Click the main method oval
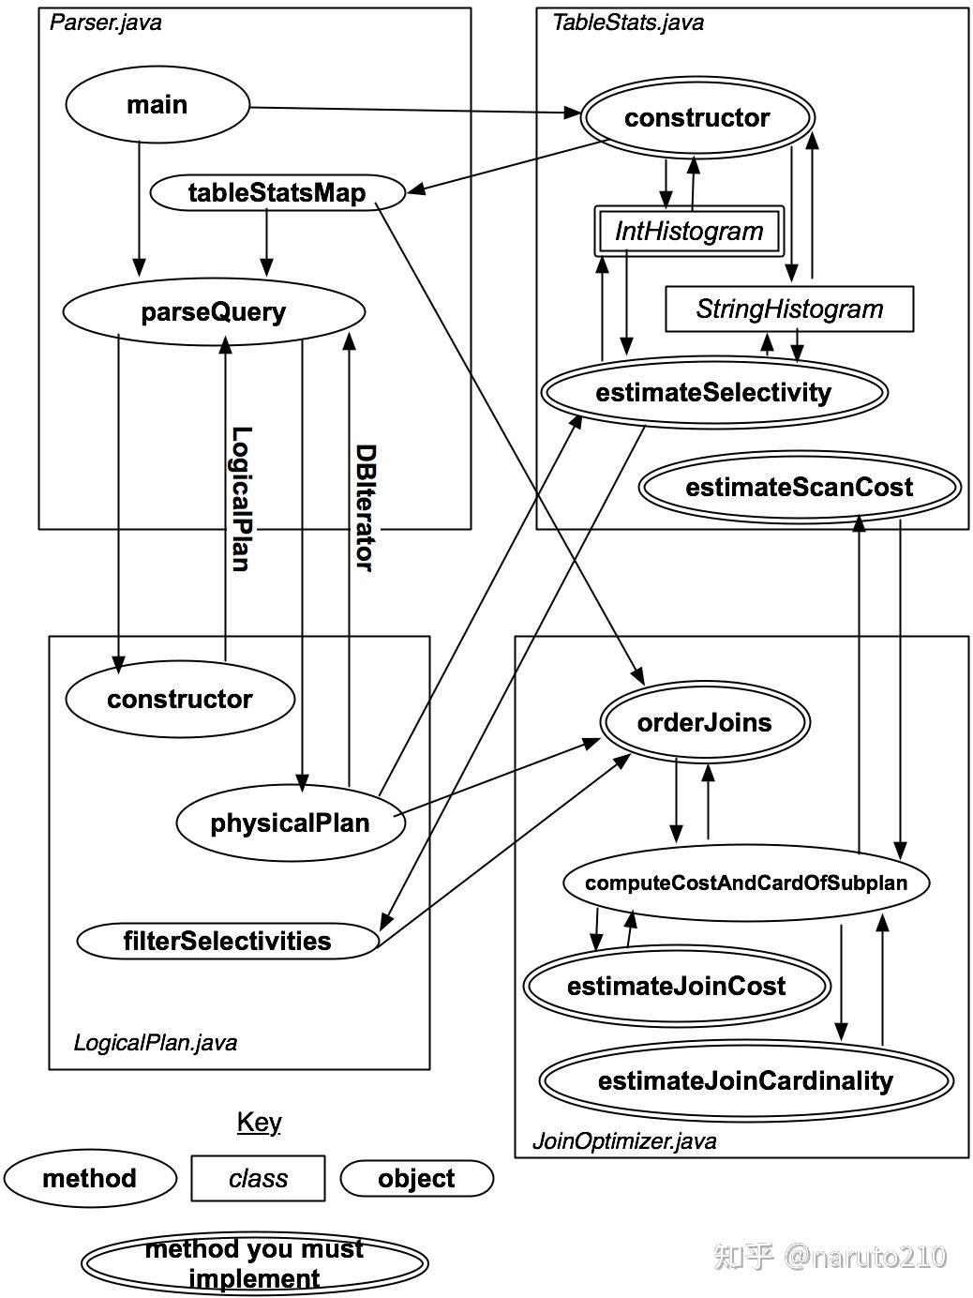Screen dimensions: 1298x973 [x=157, y=104]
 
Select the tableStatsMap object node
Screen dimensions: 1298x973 [x=277, y=193]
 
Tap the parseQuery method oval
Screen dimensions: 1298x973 [x=214, y=311]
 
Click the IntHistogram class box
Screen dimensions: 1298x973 [x=689, y=231]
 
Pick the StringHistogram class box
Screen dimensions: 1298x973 [x=789, y=309]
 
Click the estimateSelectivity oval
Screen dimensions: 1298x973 [x=713, y=392]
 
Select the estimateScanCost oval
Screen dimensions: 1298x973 [x=799, y=488]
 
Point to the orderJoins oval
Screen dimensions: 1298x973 [x=704, y=722]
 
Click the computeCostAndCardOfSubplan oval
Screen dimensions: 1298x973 [x=746, y=883]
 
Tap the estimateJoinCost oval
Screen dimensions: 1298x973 [x=677, y=986]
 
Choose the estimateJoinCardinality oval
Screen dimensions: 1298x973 [x=745, y=1080]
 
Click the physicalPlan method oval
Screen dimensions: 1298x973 [x=290, y=823]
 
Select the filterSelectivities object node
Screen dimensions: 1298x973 [x=228, y=941]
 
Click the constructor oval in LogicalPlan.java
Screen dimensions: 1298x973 [x=180, y=699]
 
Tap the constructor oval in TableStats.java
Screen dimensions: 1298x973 [x=697, y=118]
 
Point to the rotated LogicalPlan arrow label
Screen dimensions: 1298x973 [x=241, y=498]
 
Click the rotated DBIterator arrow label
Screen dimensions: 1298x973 [x=364, y=506]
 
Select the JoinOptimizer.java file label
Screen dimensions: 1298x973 [x=624, y=1141]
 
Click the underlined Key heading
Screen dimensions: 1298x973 [x=259, y=1122]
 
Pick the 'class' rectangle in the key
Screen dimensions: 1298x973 [x=258, y=1178]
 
